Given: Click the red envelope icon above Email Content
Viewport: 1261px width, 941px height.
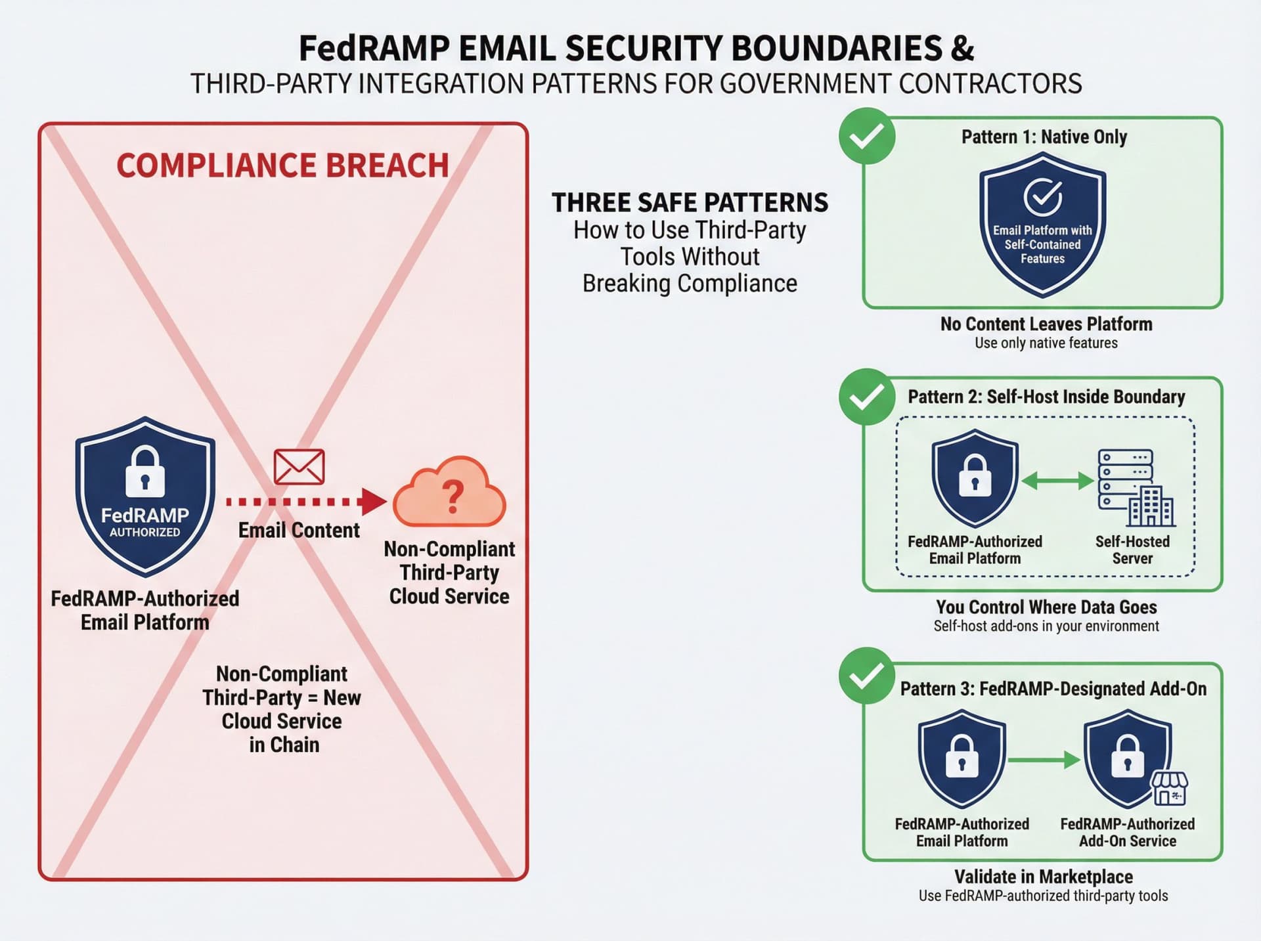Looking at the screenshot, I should (299, 467).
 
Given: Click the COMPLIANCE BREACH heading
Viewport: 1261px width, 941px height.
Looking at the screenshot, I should (282, 165).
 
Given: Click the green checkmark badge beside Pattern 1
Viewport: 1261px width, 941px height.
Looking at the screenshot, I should (867, 136).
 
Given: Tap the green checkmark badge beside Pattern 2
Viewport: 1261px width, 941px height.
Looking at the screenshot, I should (867, 397).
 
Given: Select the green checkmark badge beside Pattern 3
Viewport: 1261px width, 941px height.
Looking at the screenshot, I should (867, 676).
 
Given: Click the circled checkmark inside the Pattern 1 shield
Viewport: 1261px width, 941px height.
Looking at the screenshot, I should (1042, 196).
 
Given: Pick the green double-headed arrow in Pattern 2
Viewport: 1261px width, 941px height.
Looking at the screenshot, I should (1058, 481).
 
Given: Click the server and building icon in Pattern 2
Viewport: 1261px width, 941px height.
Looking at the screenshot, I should (1136, 488).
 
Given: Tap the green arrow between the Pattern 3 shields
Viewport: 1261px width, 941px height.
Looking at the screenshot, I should (1044, 760).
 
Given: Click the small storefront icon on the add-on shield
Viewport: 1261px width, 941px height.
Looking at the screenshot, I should (1170, 788).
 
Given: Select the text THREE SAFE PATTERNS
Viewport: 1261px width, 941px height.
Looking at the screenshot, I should (690, 203).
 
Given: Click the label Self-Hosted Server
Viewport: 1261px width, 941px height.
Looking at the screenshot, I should (1132, 550).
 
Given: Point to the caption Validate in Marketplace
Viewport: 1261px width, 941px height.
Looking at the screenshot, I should (1043, 877).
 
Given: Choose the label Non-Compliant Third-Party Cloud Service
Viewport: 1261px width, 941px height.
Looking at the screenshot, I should (449, 573).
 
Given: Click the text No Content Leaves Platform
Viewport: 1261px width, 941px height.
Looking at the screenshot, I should (1046, 324).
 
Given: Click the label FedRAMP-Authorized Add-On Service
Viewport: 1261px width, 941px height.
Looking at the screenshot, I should (1127, 833).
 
